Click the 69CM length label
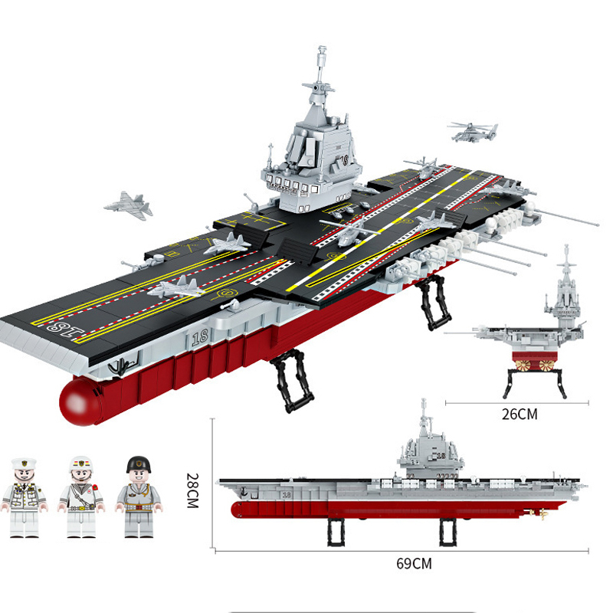click(x=414, y=564)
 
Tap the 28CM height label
click(x=192, y=490)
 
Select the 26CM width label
click(x=520, y=415)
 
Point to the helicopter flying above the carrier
click(x=473, y=131)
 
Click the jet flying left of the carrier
click(x=128, y=205)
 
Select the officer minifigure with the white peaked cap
click(x=24, y=498)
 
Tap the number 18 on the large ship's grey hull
click(x=200, y=337)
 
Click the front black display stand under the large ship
click(x=293, y=380)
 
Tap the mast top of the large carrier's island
click(x=322, y=50)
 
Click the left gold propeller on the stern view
click(x=523, y=366)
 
